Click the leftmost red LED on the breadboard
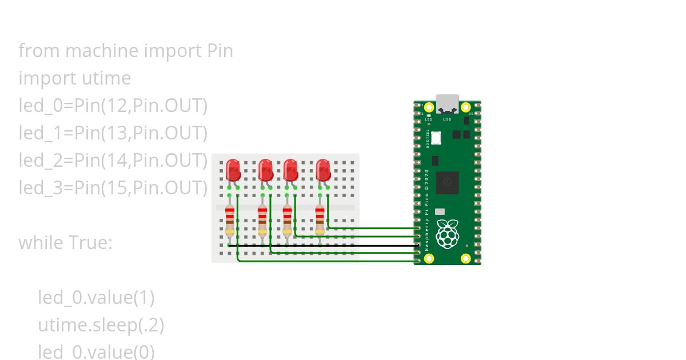click(233, 170)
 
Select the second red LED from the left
click(265, 170)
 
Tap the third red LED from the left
click(290, 170)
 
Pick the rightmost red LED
click(323, 170)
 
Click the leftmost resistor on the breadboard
click(230, 220)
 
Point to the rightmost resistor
click(320, 220)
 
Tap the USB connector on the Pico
click(448, 104)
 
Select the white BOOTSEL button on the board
click(437, 138)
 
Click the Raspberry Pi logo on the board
click(448, 234)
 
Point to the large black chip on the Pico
click(448, 183)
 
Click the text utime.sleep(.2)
click(101, 325)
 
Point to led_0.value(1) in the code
click(96, 298)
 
